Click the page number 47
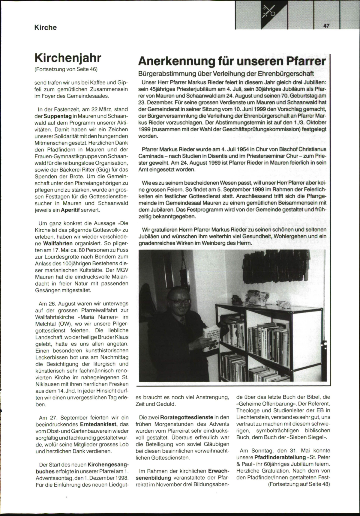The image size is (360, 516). tap(327, 26)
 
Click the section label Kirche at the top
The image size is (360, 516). tap(45, 28)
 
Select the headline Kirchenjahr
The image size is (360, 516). tap(68, 58)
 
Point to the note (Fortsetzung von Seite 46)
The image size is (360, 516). tap(66, 69)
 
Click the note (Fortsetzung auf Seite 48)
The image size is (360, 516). tap(299, 484)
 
